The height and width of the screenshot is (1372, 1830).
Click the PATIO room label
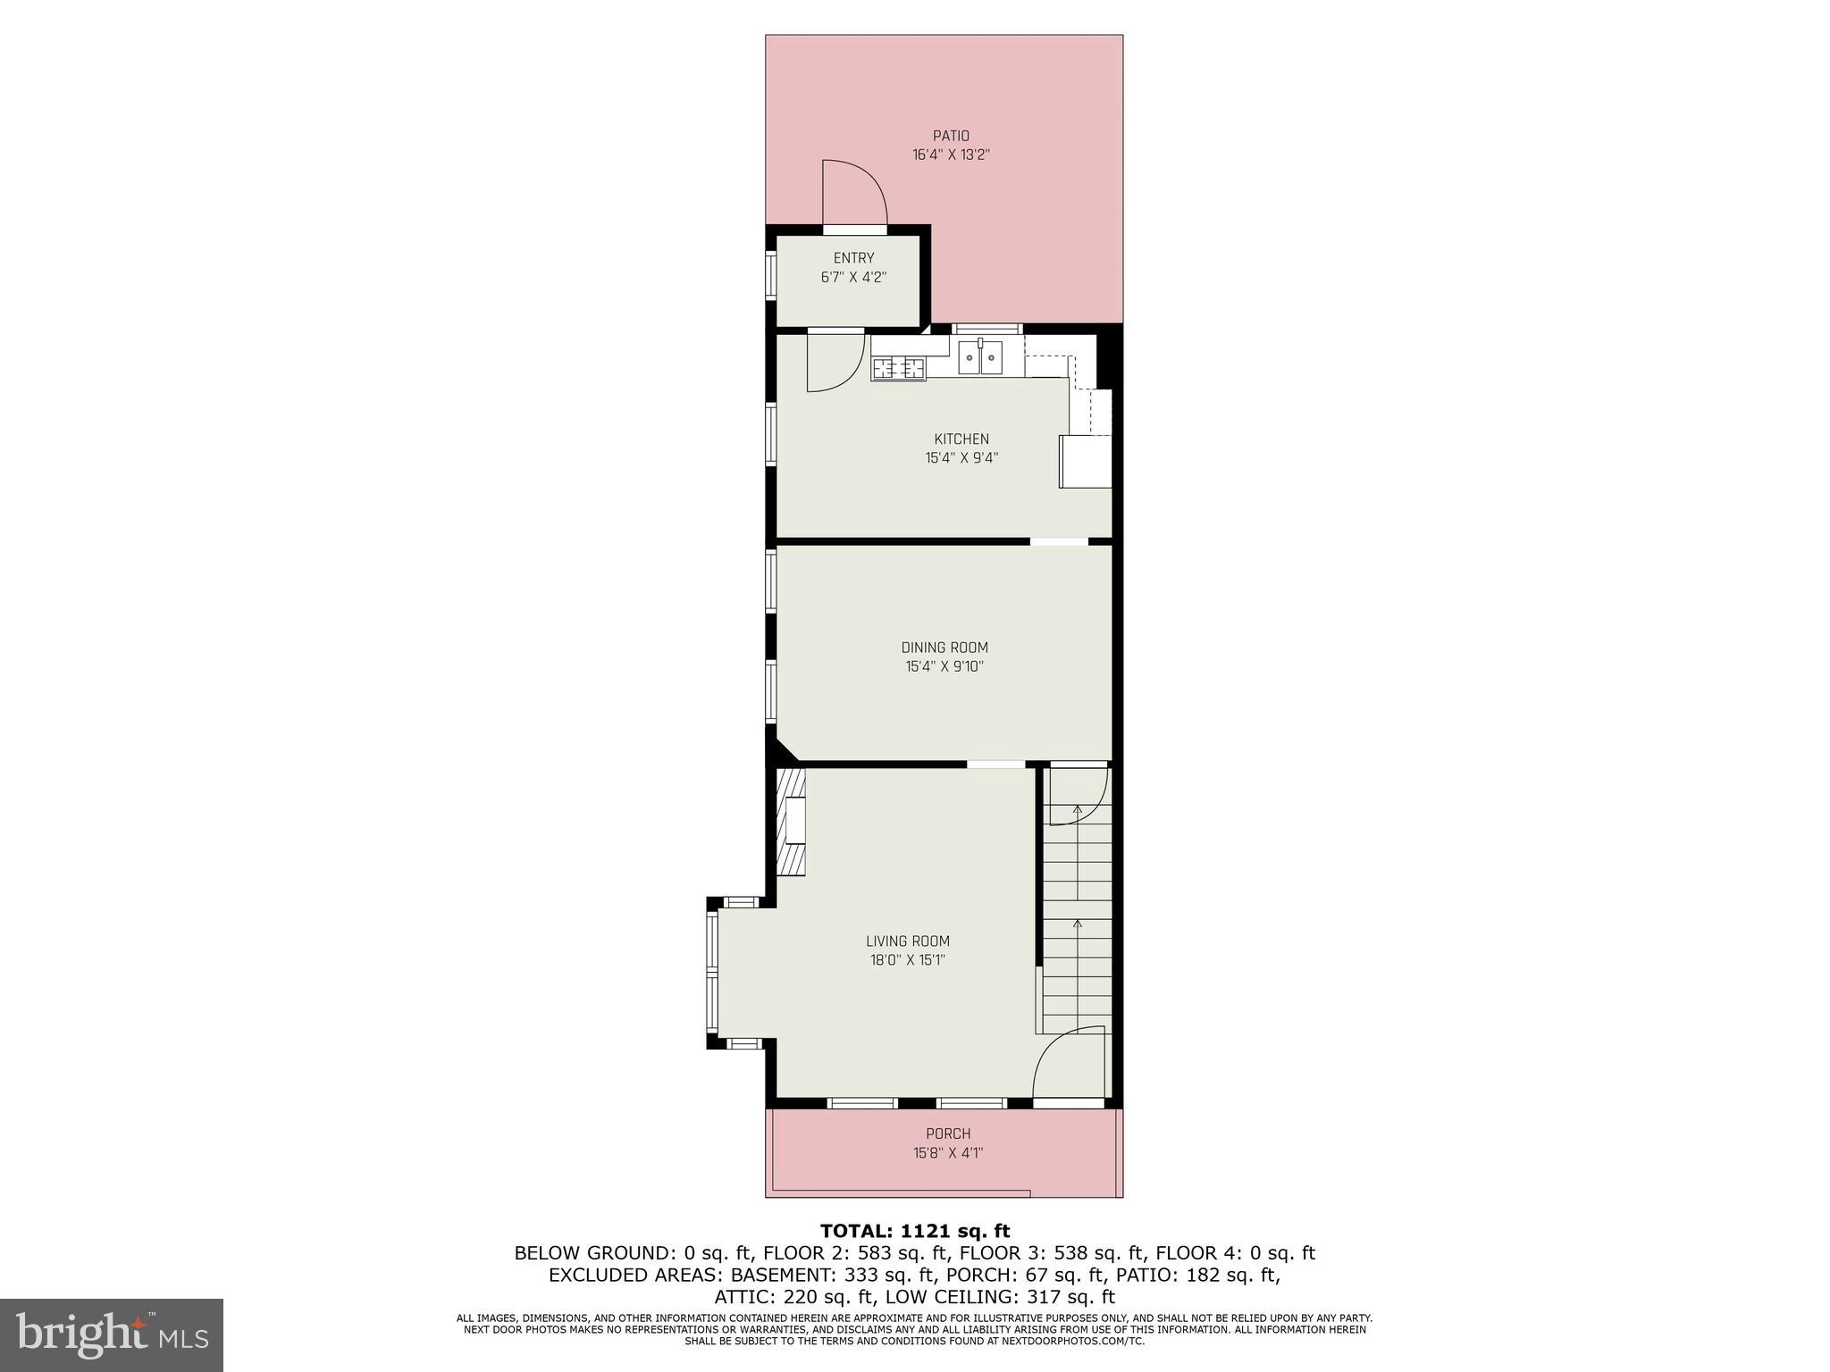click(x=951, y=136)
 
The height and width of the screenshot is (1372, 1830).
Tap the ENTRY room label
click(x=853, y=258)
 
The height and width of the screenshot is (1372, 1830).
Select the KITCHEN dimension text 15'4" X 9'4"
click(x=961, y=458)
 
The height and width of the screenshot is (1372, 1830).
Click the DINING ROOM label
click(x=944, y=648)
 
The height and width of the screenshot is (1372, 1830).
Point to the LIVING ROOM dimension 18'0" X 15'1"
click(x=907, y=960)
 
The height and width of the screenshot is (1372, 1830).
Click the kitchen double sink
click(x=980, y=357)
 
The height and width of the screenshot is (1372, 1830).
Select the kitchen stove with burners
click(x=898, y=367)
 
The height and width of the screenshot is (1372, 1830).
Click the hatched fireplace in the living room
click(x=790, y=822)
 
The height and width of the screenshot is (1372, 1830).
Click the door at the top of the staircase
click(x=1079, y=795)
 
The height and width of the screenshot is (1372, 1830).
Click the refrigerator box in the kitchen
click(x=1085, y=461)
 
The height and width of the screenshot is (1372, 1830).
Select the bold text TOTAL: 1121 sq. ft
click(x=915, y=1232)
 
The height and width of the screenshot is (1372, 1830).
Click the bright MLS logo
click(x=112, y=1334)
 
